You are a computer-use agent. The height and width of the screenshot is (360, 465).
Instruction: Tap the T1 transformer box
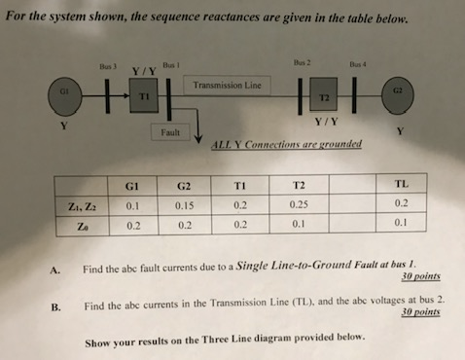click(144, 97)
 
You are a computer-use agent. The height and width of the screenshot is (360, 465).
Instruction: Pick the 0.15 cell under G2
click(184, 204)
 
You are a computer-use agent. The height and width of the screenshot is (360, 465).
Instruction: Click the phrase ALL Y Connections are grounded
click(286, 144)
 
